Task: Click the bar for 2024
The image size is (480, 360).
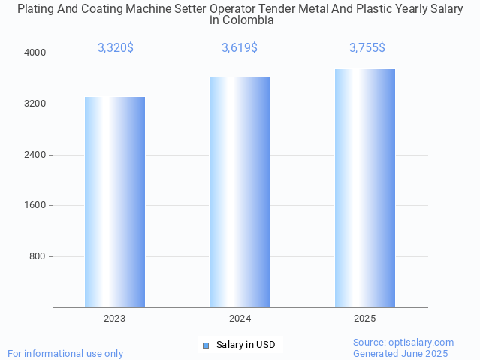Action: [x=240, y=192]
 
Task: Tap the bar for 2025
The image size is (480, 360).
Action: [x=365, y=188]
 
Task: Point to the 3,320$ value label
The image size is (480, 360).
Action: [x=116, y=47]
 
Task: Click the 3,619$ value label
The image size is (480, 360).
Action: [x=240, y=47]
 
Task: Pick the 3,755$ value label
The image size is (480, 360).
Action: [x=367, y=47]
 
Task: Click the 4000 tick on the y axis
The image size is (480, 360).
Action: [x=36, y=53]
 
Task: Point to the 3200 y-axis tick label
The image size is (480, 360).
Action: [x=36, y=104]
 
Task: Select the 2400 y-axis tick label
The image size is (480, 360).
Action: [x=36, y=155]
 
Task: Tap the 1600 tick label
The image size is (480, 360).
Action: [x=36, y=206]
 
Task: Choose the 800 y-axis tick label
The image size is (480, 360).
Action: [x=38, y=256]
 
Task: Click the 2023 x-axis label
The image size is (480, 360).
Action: [x=115, y=319]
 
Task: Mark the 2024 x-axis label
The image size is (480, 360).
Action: [x=240, y=319]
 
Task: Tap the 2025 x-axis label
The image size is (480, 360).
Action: [x=365, y=319]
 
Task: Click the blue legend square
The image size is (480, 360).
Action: [x=206, y=346]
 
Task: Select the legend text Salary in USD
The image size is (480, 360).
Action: [x=246, y=346]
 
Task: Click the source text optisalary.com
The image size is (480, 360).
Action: [x=403, y=343]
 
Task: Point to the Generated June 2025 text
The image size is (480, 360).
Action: [x=400, y=353]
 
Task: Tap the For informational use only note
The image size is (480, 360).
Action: [x=65, y=353]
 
